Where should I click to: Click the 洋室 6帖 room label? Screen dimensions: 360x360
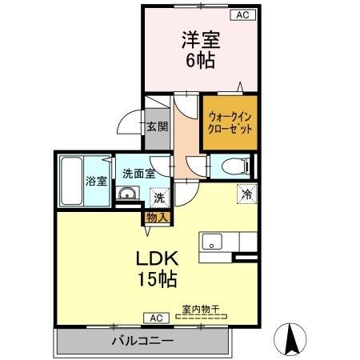201,49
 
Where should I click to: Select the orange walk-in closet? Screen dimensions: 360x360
230,122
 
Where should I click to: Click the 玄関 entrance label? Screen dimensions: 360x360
157,126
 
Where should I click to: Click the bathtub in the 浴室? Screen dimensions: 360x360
71,181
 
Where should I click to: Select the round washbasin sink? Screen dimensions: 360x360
126,194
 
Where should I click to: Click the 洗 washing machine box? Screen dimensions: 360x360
158,196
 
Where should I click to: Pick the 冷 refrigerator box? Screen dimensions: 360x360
247,193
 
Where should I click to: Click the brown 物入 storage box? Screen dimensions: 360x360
156,216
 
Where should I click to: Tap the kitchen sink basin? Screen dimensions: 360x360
213,241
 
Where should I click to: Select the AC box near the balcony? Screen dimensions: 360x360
154,318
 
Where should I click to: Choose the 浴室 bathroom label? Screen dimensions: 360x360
97,181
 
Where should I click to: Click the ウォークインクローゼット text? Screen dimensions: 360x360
230,122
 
